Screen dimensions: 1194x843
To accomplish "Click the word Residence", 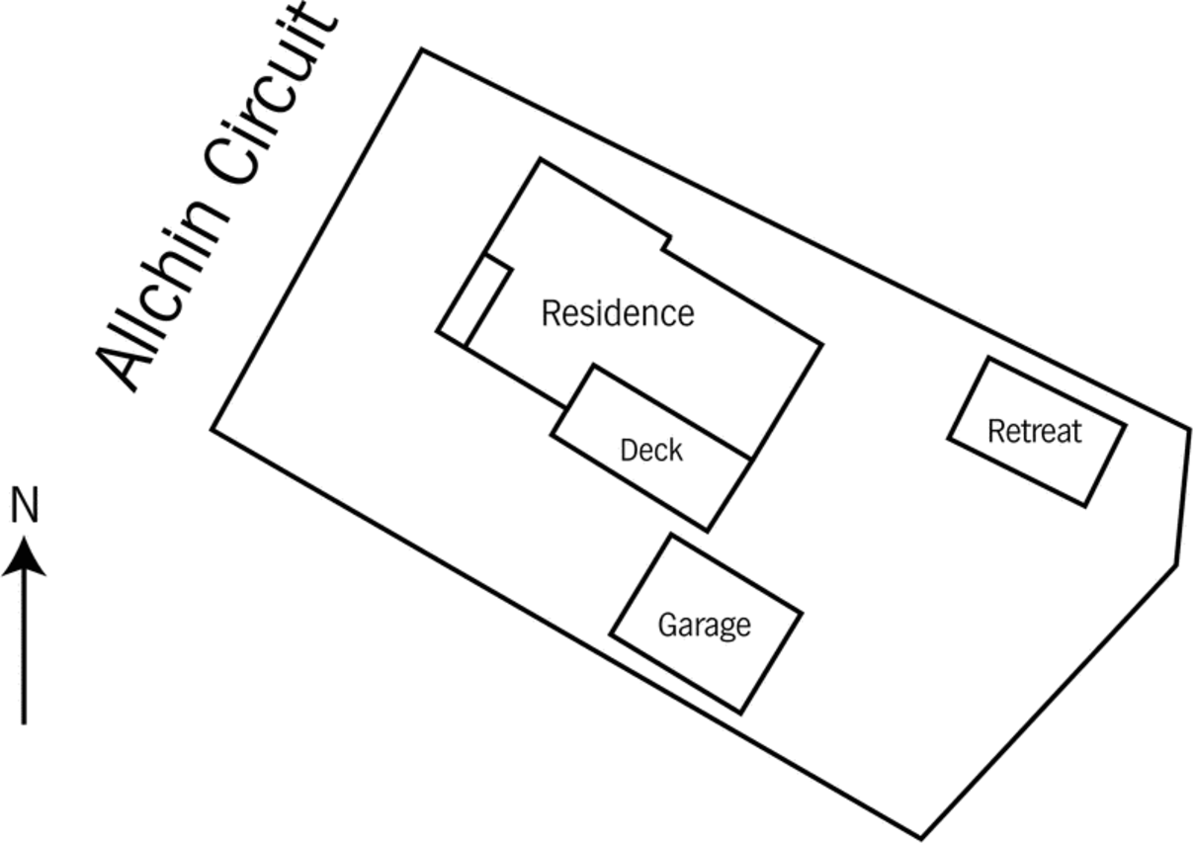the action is tap(618, 313).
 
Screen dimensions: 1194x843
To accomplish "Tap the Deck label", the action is tap(651, 451).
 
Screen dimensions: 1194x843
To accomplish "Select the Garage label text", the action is tap(704, 625).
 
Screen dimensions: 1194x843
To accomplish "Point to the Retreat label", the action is tap(1035, 431).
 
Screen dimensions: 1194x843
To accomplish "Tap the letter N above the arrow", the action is tap(25, 505).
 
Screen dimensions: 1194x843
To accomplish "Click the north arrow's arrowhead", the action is tap(24, 556).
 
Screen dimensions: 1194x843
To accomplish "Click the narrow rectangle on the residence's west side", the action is tap(474, 301).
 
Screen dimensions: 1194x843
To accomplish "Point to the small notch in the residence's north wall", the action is tap(667, 243).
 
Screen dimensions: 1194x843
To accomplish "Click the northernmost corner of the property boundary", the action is tap(422, 50).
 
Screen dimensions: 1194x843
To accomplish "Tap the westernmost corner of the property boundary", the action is tap(212, 429).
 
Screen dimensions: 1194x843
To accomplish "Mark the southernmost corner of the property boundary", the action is tap(921, 838).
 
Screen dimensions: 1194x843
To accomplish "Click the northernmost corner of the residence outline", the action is tap(540, 159).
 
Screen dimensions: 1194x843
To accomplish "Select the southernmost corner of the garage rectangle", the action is tap(741, 713).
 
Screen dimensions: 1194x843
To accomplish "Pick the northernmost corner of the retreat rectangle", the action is tap(989, 359).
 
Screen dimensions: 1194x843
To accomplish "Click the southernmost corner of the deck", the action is tap(708, 531).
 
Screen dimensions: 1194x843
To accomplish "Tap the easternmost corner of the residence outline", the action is tap(821, 345).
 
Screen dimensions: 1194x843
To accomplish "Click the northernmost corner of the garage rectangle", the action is tap(670, 535).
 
